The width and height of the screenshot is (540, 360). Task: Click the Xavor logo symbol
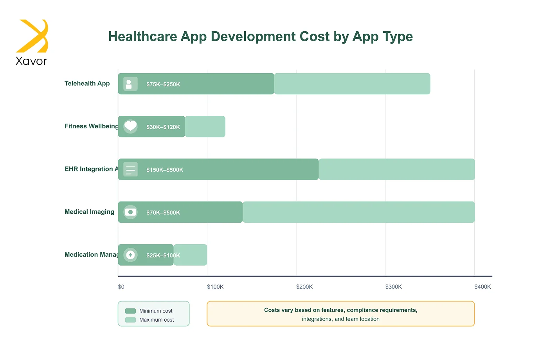[x=32, y=36]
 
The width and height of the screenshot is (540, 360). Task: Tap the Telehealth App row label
[x=87, y=83]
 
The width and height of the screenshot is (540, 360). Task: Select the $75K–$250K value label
[x=163, y=84]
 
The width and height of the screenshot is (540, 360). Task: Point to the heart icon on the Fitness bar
[x=130, y=126]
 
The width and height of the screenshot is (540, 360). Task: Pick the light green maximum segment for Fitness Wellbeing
[x=205, y=126]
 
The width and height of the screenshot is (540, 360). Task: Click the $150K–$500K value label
[x=165, y=170]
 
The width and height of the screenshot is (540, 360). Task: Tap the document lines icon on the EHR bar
[x=130, y=169]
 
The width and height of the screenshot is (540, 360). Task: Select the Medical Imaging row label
[x=89, y=212]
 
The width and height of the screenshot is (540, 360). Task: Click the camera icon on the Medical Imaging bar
[x=130, y=212]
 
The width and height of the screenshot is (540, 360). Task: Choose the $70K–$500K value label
[x=163, y=212]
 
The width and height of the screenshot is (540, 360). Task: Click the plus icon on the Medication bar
[x=130, y=255]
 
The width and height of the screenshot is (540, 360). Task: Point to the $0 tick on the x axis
[x=121, y=287]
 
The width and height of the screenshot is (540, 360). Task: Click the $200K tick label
[x=304, y=287]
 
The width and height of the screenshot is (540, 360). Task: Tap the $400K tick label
[x=482, y=287]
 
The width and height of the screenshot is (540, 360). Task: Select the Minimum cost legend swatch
[x=130, y=311]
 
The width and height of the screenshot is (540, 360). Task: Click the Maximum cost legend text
[x=157, y=320]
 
